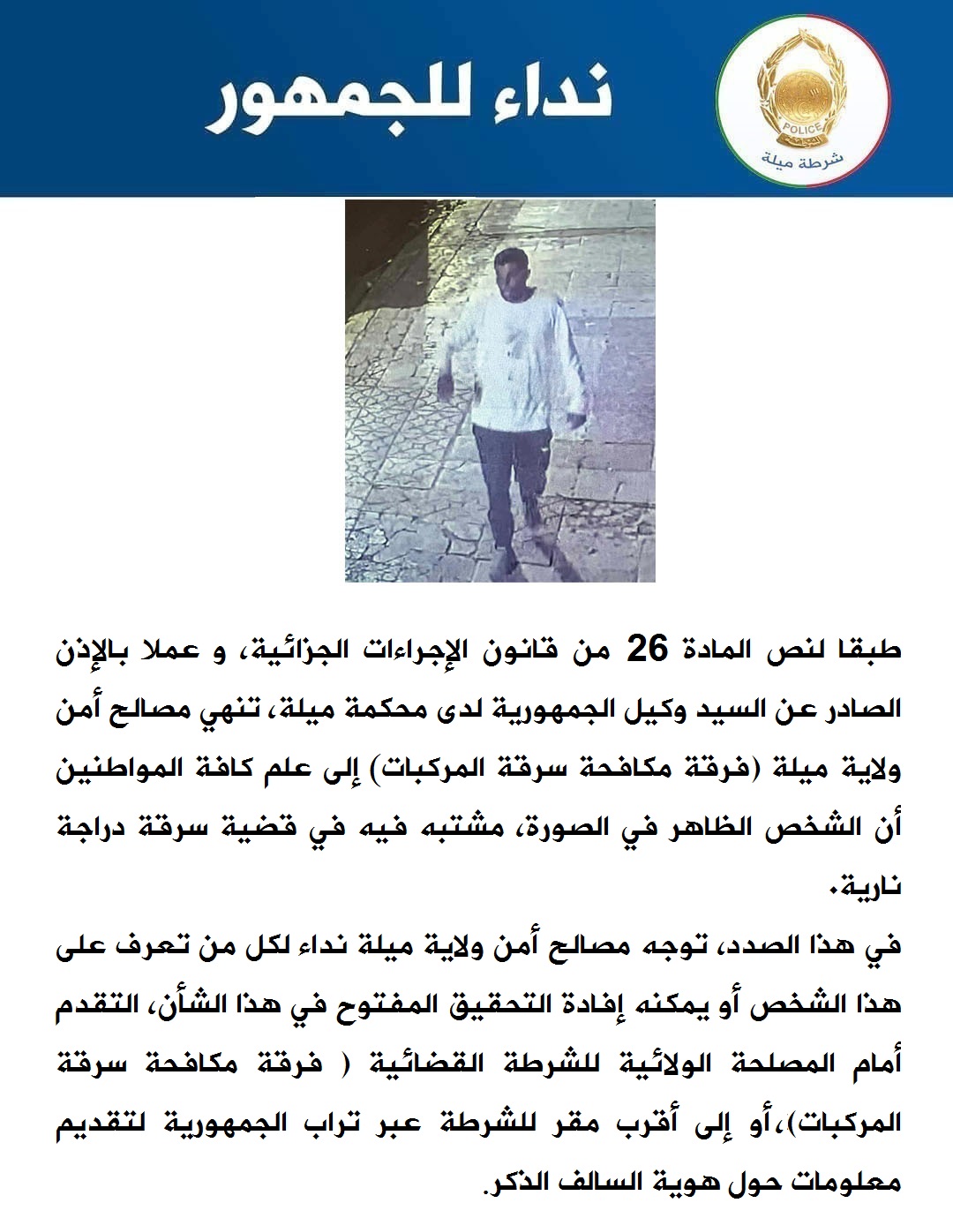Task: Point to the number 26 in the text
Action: click(x=647, y=650)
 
